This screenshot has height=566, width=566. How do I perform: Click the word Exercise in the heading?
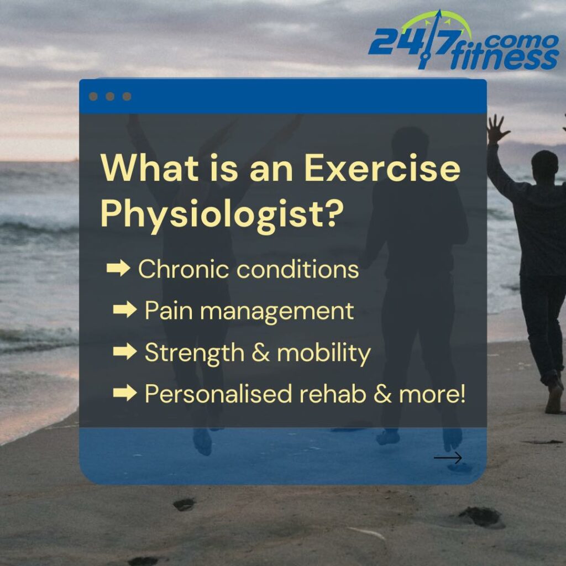pos(382,168)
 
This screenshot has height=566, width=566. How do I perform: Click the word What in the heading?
pos(149,168)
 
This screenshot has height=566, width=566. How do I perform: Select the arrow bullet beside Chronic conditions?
pos(118,268)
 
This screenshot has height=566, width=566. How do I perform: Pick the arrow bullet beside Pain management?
pos(125,310)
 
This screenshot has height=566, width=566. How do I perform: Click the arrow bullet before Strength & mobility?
pos(125,351)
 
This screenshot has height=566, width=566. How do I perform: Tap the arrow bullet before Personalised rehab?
pos(125,392)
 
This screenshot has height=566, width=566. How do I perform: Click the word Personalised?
pos(218,394)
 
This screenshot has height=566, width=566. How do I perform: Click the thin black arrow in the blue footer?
pos(448,458)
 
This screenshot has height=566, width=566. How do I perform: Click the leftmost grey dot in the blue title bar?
pos(93,96)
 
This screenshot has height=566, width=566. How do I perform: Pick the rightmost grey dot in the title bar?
pos(127,96)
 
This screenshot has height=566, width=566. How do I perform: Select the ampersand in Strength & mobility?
pos(260,352)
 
